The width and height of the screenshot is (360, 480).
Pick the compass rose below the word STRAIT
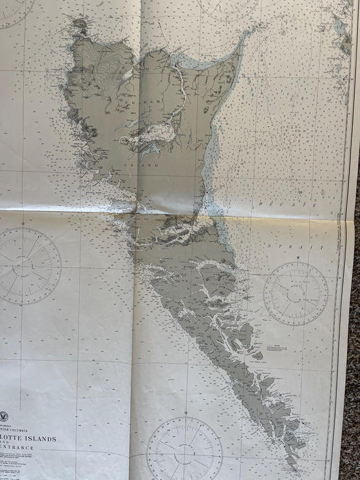pos(295,292)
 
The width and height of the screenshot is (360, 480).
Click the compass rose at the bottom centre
pos(184,448)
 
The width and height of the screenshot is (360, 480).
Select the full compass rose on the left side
pos(27,265)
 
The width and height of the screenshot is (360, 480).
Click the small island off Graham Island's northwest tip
pos(79,26)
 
